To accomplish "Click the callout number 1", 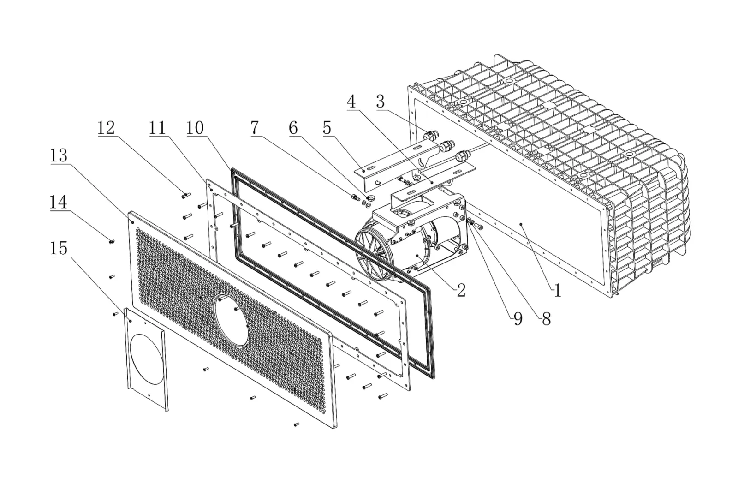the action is coord(557,290).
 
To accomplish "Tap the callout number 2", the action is coord(461,290).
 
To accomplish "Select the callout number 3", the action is coord(381,102).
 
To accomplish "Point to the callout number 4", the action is coord(351,102).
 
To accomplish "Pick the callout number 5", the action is coord(327,128).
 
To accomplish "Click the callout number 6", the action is coord(293,128).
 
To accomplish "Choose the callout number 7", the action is coord(255,127).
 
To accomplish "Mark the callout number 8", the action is coord(546,319).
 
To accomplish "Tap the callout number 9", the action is coord(518,319).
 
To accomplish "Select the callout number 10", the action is coord(195,128).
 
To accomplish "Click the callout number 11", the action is coord(157,128).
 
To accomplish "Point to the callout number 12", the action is coord(106,128).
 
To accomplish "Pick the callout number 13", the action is coord(59,155).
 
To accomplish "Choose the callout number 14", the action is coord(58,202).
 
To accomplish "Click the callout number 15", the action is coord(59,248).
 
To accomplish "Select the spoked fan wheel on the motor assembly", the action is coord(374,253).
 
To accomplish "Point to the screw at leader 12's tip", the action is coord(186,196).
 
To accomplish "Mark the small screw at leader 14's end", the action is coord(112,242).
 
